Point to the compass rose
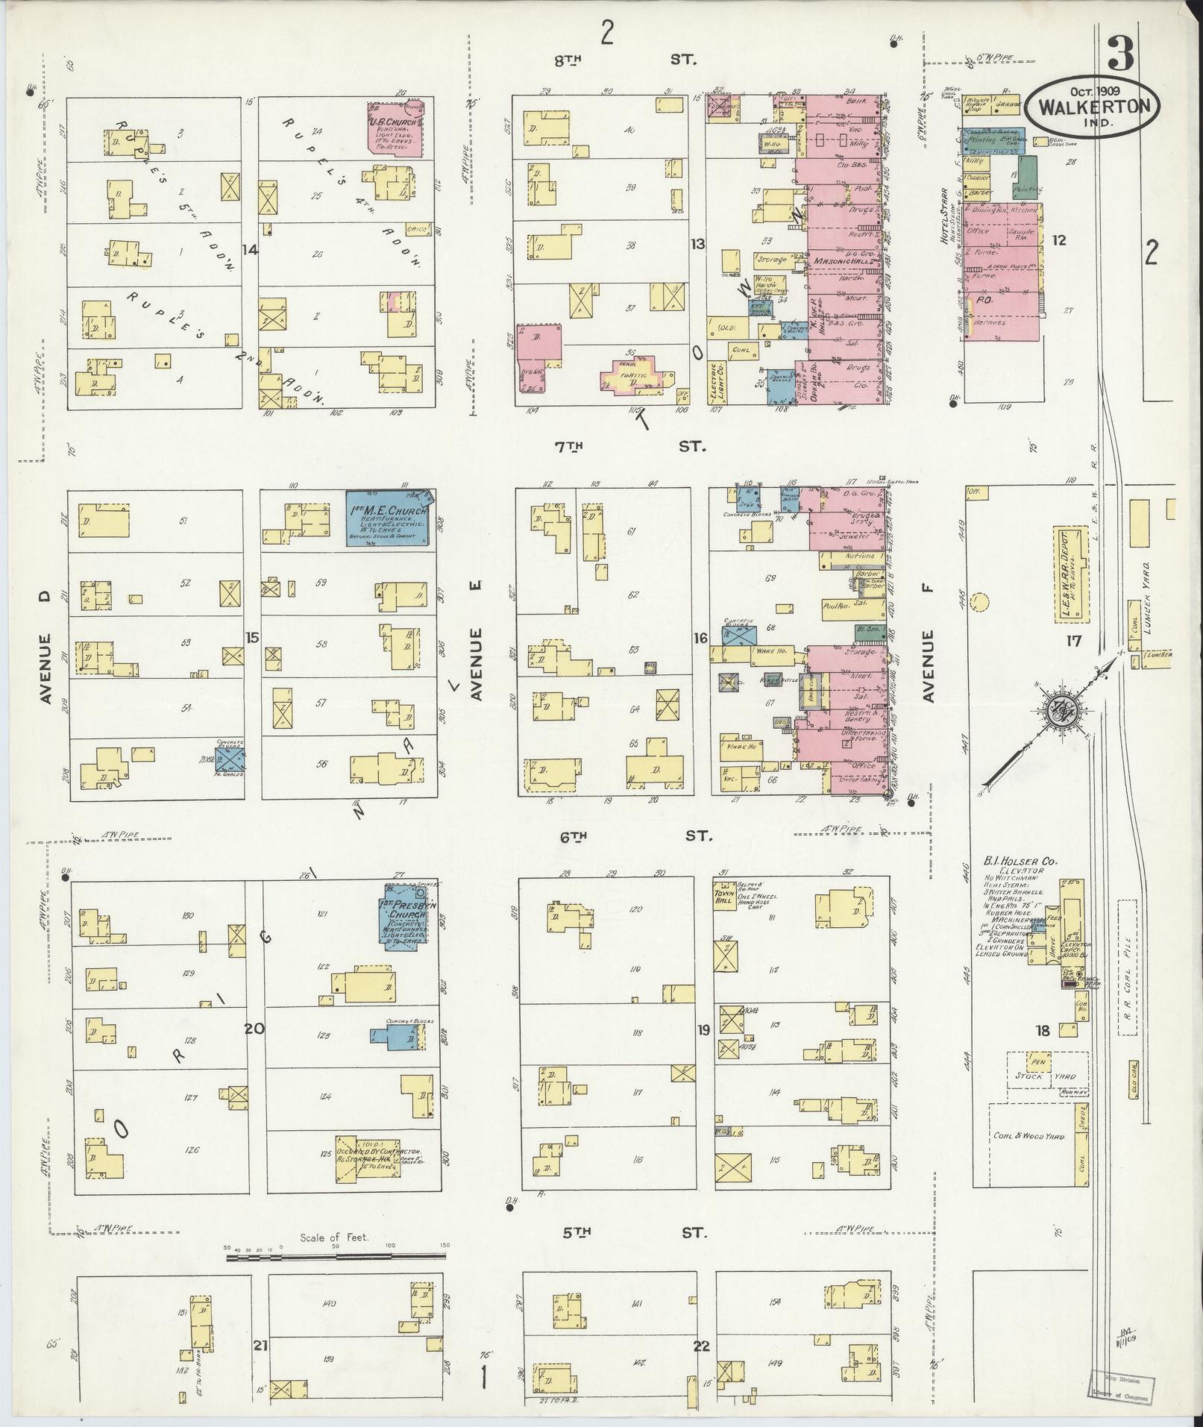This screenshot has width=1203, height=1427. (x=1059, y=712)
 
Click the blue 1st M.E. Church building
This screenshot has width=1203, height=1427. (x=389, y=517)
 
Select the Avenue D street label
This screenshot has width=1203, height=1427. (x=45, y=668)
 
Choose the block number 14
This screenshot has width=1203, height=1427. (x=250, y=250)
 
